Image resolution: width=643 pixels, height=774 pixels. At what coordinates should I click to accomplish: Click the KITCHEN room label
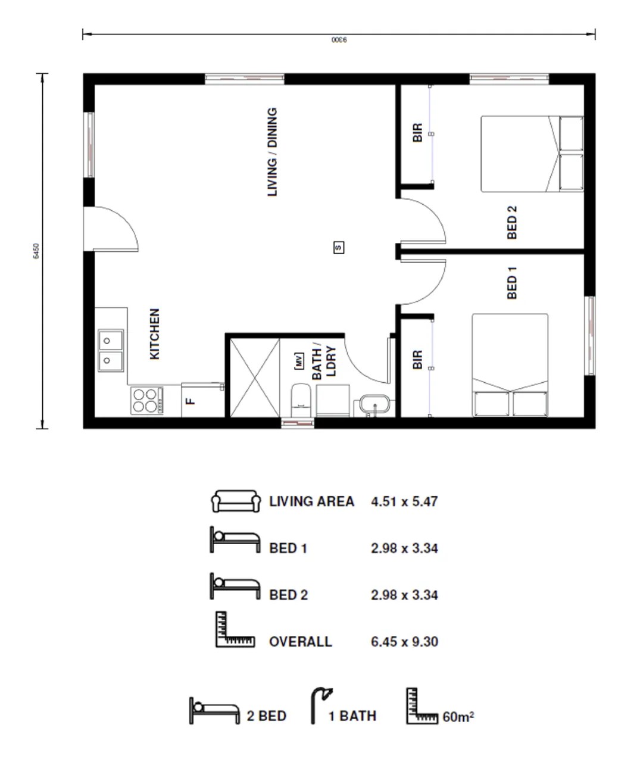tap(155, 333)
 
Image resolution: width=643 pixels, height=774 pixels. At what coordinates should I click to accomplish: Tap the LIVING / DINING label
tap(272, 152)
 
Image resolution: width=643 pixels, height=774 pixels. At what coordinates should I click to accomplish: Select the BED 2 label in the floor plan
tap(512, 223)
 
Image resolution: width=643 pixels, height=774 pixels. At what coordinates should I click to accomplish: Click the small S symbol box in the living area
tap(339, 247)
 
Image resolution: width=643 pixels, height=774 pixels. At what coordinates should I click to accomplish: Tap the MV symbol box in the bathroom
tap(299, 361)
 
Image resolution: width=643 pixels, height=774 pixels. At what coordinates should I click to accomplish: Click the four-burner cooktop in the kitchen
tap(146, 400)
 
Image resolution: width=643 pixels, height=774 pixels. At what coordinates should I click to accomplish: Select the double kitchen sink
tap(111, 350)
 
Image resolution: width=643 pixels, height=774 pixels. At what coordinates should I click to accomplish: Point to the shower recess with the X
tap(254, 377)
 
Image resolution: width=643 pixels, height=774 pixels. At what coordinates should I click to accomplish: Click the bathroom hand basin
tap(374, 406)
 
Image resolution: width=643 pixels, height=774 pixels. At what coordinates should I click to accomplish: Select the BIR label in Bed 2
tap(417, 132)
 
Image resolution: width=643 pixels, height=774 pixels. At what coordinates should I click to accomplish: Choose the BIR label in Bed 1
tap(417, 360)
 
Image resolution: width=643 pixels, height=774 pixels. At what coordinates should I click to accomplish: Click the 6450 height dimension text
tap(36, 251)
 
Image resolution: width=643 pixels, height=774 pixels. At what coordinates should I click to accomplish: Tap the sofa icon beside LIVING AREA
tap(236, 501)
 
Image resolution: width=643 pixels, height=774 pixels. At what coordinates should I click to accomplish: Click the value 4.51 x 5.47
tap(404, 501)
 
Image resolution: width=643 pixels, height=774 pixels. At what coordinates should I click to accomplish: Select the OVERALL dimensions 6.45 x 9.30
tap(404, 642)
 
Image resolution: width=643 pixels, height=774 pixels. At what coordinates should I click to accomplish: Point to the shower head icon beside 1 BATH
tap(321, 706)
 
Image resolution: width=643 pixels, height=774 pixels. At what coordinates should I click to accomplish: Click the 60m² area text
tap(458, 717)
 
